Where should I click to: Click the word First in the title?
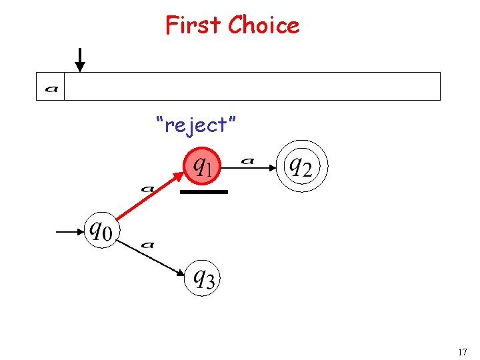pos(193,25)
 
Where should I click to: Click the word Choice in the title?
pos(263,25)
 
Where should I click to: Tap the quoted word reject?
pos(197,124)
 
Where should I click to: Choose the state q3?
pos(202,277)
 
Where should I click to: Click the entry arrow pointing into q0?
pos(69,232)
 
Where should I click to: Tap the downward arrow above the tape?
pos(80,59)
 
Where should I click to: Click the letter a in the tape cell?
pos(51,87)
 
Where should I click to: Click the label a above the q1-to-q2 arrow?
pos(247,160)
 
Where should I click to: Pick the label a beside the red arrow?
pos(148,189)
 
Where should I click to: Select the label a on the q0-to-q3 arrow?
pos(148,245)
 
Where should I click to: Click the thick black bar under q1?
pos(205,191)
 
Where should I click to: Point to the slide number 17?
pos(462,351)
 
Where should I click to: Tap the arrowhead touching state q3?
pos(181,272)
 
